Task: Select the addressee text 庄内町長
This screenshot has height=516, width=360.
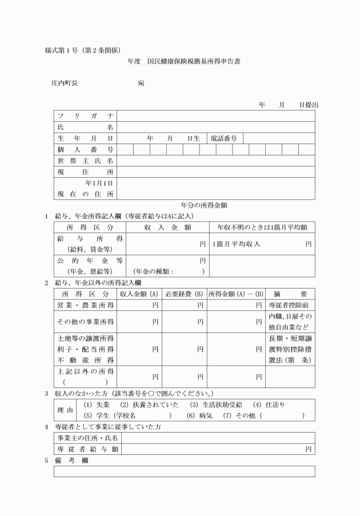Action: (65, 83)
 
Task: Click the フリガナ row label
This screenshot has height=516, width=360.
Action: (85, 116)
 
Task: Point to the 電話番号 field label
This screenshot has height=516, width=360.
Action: (223, 138)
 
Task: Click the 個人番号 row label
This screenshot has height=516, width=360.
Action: (85, 150)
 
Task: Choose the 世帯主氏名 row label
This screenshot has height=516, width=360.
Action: (85, 161)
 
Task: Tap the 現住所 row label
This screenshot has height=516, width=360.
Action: (85, 172)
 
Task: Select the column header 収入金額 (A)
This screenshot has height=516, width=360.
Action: (139, 294)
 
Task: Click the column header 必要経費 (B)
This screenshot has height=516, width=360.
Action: (184, 294)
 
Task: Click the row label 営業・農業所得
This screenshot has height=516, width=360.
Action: (85, 305)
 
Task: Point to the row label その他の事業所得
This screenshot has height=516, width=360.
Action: (85, 322)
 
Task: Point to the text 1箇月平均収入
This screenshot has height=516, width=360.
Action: (236, 244)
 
